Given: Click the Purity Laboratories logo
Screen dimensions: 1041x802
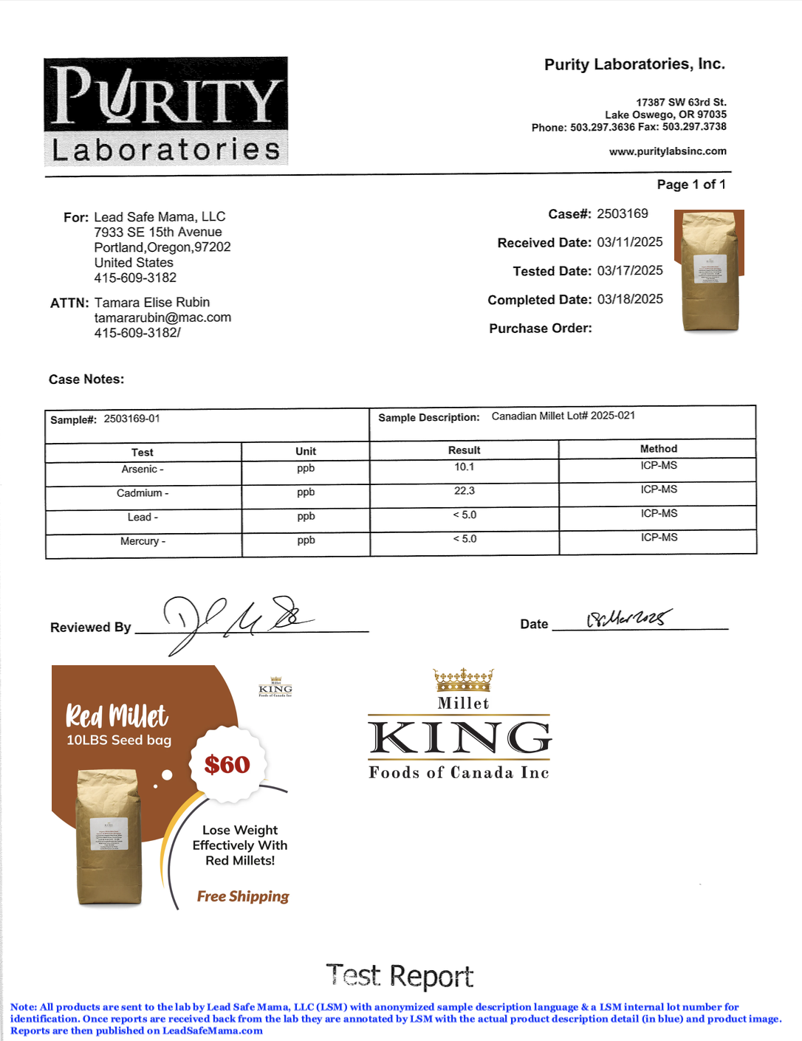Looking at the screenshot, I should pyautogui.click(x=165, y=111).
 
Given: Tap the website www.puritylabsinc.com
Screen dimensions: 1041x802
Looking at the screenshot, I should pyautogui.click(x=668, y=151).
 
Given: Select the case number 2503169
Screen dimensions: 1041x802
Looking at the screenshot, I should pyautogui.click(x=623, y=214).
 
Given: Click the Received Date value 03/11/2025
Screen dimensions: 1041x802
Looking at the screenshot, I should pyautogui.click(x=630, y=242).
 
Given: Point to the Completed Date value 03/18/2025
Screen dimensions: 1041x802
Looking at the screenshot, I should pyautogui.click(x=630, y=299).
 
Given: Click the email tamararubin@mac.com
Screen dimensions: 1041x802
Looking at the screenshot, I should pyautogui.click(x=162, y=317).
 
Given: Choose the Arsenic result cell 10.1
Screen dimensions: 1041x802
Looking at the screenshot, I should pyautogui.click(x=465, y=467).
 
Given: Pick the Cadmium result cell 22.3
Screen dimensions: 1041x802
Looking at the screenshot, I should pyautogui.click(x=465, y=491).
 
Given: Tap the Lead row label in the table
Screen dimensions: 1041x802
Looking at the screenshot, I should pyautogui.click(x=140, y=518).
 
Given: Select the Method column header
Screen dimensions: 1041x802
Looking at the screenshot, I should pyautogui.click(x=658, y=449).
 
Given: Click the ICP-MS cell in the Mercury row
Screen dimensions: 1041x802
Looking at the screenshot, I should pyautogui.click(x=659, y=537).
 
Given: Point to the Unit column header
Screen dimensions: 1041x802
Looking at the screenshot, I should pyautogui.click(x=306, y=451).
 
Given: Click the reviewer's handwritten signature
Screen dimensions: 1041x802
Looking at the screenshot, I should pyautogui.click(x=236, y=621).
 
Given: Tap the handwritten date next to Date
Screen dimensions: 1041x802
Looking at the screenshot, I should pyautogui.click(x=629, y=618).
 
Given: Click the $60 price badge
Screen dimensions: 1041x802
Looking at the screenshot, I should pyautogui.click(x=227, y=764).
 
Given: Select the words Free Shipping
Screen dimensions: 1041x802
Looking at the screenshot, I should pyautogui.click(x=243, y=896).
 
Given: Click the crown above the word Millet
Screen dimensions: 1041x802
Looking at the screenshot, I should pyautogui.click(x=463, y=679).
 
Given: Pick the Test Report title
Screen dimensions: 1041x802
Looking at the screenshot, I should pyautogui.click(x=400, y=976).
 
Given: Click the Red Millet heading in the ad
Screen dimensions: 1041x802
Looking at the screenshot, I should pyautogui.click(x=117, y=715).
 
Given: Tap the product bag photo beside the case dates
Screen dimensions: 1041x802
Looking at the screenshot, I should pyautogui.click(x=710, y=271).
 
